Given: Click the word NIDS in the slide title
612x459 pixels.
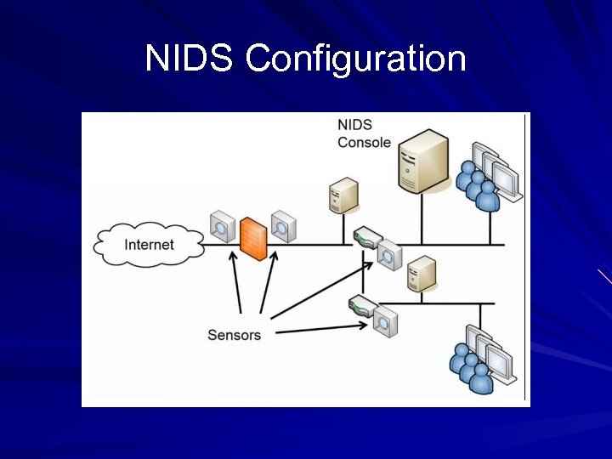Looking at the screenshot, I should [x=190, y=59].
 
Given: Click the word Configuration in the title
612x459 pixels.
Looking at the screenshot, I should [x=355, y=59].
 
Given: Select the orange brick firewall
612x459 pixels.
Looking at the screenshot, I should [x=252, y=236].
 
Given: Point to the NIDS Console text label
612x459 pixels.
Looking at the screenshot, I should [x=364, y=133].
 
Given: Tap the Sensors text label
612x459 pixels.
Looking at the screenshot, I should [x=234, y=334].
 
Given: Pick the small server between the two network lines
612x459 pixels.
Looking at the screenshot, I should [x=422, y=275].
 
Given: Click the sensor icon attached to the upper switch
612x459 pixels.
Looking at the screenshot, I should [x=389, y=254].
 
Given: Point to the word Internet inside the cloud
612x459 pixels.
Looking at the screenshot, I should [x=149, y=245].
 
